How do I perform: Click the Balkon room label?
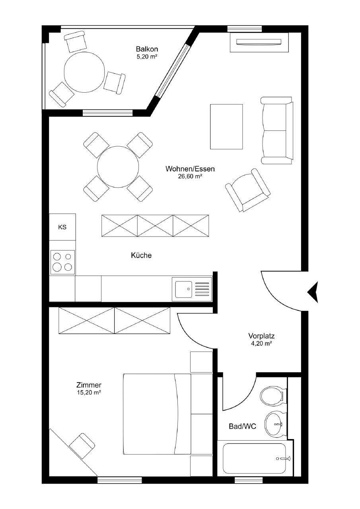147,49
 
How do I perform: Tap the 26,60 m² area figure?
190,176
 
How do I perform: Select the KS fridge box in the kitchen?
62,227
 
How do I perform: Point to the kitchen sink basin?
184,289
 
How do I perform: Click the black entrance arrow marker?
313,292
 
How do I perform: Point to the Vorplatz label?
261,336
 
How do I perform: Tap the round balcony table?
84,72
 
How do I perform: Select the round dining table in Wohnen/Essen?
118,167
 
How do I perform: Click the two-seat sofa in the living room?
277,130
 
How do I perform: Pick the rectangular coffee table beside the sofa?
226,126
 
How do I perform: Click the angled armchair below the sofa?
248,190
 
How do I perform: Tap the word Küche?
141,255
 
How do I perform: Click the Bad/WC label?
242,427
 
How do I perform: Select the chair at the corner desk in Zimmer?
82,446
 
